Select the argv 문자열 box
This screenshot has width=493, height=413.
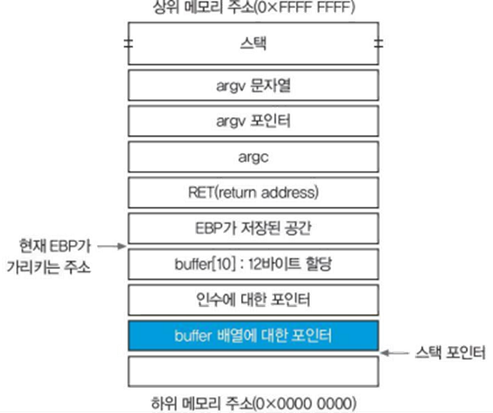(253, 84)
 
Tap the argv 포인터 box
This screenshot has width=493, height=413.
(253, 120)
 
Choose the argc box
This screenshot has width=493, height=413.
(253, 155)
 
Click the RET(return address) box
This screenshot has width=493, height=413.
(253, 192)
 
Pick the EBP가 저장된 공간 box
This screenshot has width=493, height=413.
(253, 228)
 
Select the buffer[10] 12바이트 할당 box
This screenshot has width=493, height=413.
(253, 264)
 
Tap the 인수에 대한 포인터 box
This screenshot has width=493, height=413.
(253, 299)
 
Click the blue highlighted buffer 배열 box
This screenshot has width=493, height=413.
(253, 335)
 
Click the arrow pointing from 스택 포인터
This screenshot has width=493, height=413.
(397, 352)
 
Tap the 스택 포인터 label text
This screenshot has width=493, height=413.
(450, 352)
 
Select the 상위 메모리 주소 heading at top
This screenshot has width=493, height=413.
(253, 7)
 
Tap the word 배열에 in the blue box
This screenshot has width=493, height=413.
(258, 335)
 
